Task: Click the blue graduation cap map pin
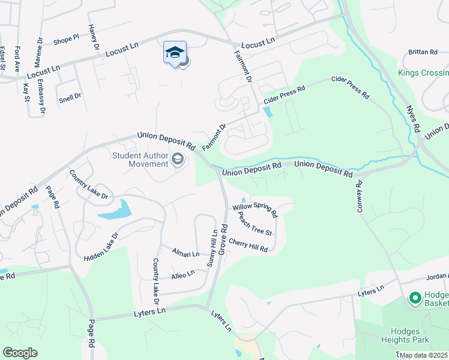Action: (175, 53)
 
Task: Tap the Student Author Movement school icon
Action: (177, 159)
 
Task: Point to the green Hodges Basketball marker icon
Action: (415, 298)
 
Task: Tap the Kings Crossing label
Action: (423, 74)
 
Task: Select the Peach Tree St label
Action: (255, 223)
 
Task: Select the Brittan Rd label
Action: (423, 52)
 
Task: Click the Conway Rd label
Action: (363, 197)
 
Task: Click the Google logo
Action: (20, 352)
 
